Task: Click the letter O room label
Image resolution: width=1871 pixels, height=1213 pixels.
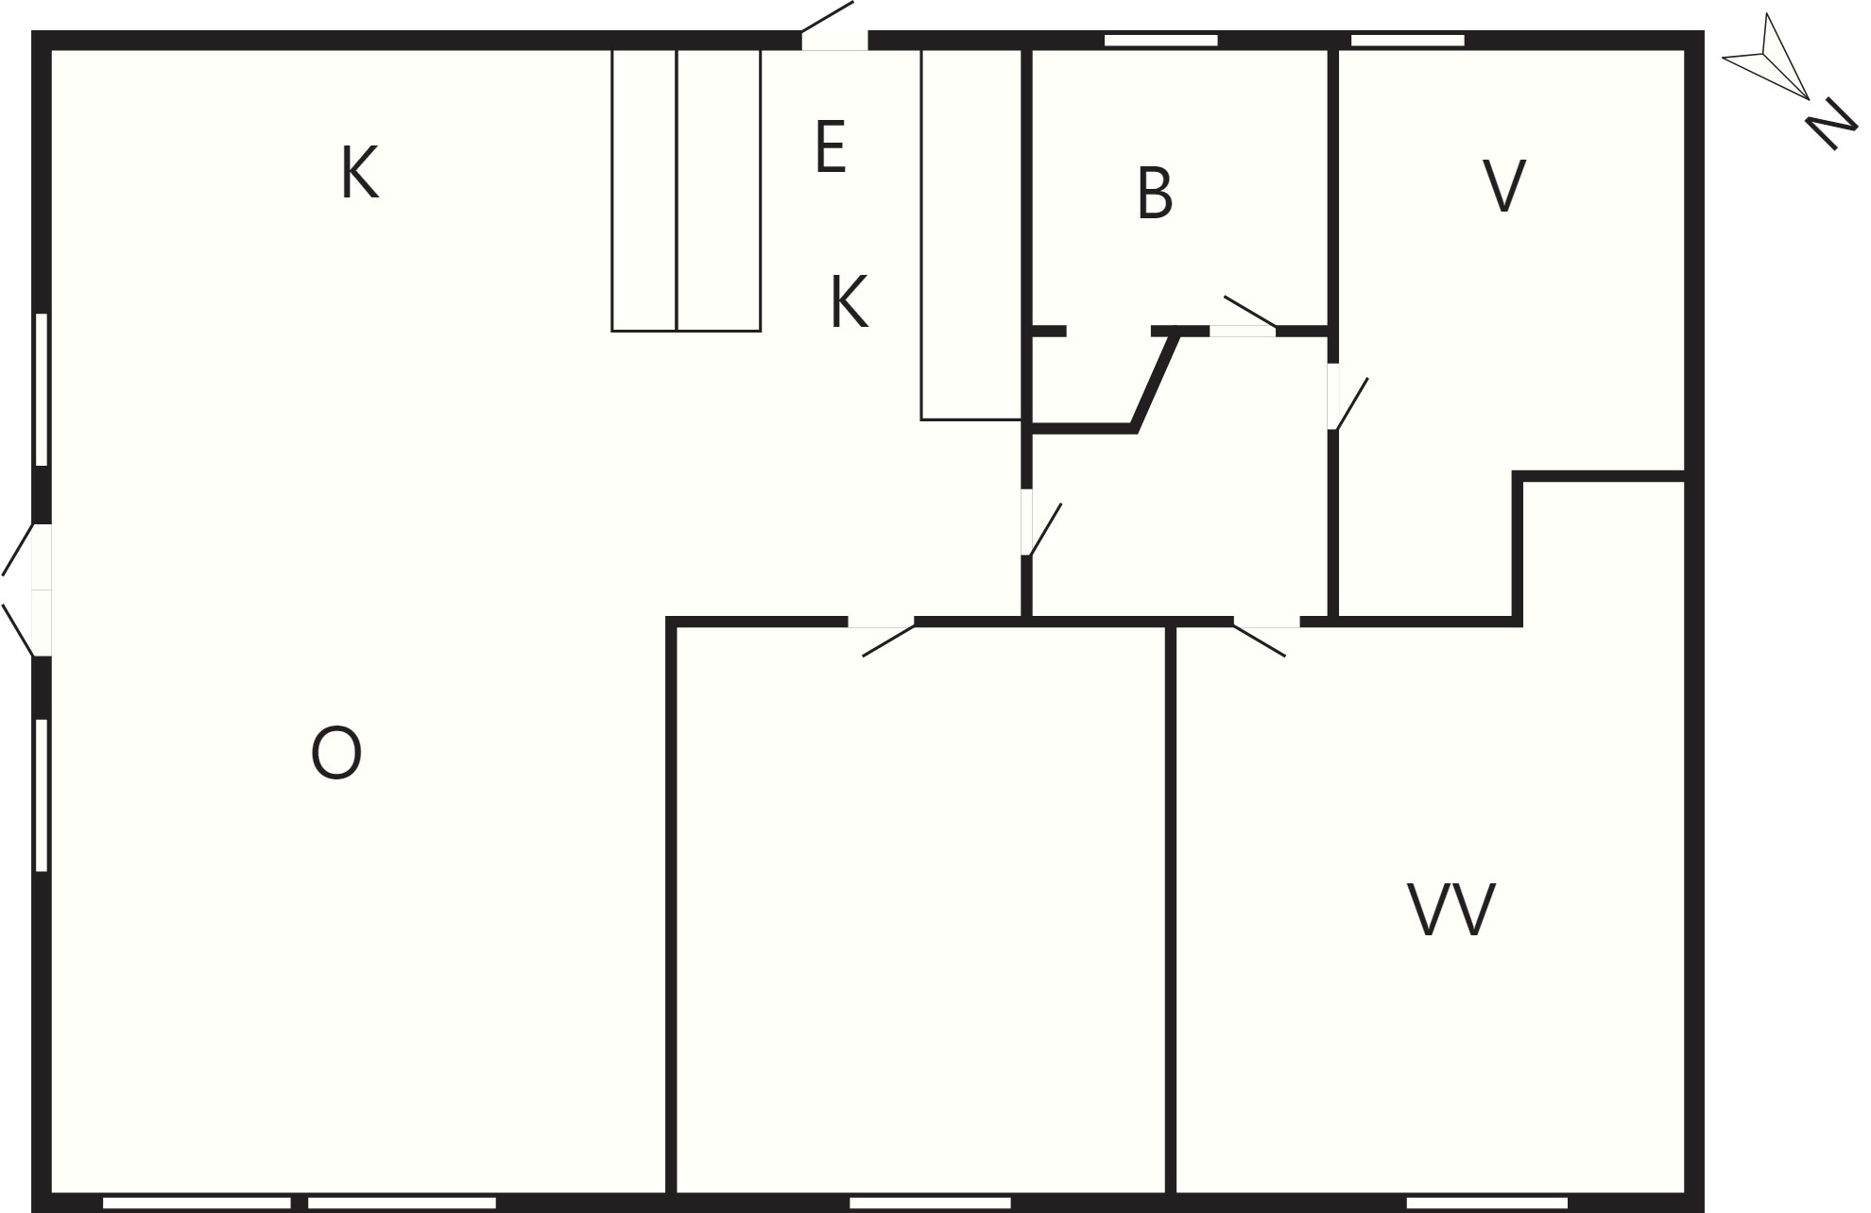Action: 336,753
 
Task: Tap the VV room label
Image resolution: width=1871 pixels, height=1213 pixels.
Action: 1451,910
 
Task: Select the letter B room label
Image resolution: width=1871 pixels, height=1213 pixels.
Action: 1156,194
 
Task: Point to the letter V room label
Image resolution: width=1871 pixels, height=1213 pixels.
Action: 1504,186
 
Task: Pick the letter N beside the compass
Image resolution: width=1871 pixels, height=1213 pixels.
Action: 1831,123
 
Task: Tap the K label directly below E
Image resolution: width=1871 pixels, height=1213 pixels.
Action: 849,301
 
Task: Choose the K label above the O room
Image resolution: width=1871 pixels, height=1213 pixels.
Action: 360,173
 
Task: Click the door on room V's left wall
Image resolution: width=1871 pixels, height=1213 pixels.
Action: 1347,398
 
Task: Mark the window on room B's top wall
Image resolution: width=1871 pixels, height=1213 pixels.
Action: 1161,40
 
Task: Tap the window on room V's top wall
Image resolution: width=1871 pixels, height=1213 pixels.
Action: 1408,40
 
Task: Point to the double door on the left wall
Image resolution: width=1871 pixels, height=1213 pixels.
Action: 26,589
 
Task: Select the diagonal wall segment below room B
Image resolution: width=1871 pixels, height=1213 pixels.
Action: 1155,379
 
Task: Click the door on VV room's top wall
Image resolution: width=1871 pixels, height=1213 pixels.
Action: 1266,636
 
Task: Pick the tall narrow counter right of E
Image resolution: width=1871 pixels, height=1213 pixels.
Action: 971,234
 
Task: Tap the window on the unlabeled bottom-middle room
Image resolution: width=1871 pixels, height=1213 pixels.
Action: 931,1203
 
